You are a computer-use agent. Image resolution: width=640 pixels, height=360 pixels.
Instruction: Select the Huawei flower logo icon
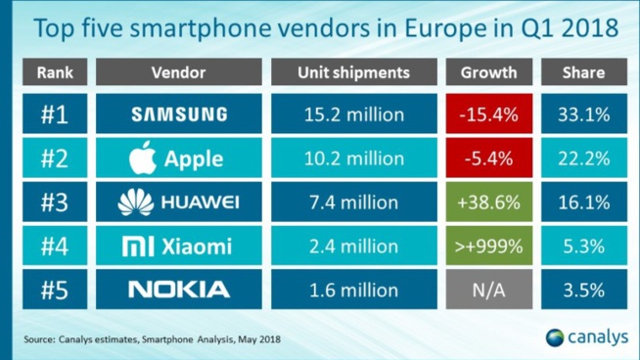pos(136,202)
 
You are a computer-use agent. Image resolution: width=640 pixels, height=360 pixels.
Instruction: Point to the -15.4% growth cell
pos(487,115)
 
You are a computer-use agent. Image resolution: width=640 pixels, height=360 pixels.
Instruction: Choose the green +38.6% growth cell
pos(487,202)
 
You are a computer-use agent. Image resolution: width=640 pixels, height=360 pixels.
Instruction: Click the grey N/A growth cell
pos(487,290)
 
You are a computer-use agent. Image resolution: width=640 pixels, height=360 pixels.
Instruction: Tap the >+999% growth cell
pos(487,247)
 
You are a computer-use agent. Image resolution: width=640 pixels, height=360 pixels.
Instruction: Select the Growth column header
pos(487,72)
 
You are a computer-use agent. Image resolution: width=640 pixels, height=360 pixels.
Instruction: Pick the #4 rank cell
pos(55,247)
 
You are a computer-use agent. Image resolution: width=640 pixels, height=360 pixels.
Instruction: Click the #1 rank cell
pos(55,115)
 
